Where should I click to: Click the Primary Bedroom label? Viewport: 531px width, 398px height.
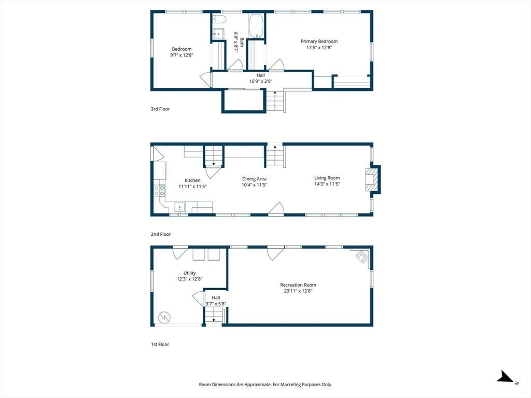(x=319, y=41)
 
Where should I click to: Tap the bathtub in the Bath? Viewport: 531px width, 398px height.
(x=256, y=26)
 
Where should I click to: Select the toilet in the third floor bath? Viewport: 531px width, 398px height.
(x=219, y=19)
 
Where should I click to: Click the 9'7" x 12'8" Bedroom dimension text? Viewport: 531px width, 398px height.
(x=182, y=55)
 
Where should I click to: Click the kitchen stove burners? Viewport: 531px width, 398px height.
(x=160, y=190)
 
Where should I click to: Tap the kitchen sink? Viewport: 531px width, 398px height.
(x=179, y=207)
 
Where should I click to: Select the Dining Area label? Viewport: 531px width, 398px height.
(x=254, y=179)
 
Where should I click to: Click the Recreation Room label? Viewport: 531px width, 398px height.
(x=298, y=285)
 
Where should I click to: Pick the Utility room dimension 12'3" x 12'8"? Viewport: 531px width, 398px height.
(x=190, y=279)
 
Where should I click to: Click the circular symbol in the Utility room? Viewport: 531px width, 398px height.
(x=164, y=317)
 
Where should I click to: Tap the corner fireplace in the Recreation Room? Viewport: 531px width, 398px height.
(x=362, y=256)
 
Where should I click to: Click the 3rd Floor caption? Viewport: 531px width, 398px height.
(x=160, y=109)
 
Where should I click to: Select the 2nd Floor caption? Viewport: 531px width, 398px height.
(x=161, y=234)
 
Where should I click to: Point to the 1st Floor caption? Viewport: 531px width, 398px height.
(x=160, y=345)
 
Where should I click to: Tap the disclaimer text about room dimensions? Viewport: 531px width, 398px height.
(x=265, y=385)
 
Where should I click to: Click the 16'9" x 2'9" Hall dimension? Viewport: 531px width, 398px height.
(x=261, y=81)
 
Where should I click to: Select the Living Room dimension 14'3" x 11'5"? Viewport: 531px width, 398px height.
(x=327, y=184)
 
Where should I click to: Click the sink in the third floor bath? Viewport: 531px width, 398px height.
(x=218, y=33)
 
